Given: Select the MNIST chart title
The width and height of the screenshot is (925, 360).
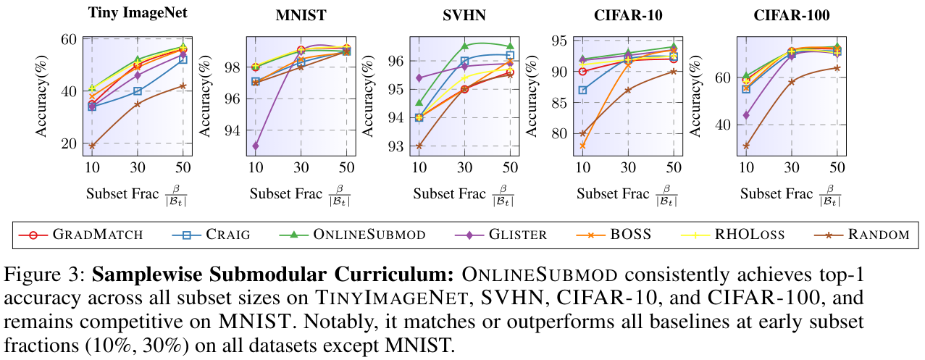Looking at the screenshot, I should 300,15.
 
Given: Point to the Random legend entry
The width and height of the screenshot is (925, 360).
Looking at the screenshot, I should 855,234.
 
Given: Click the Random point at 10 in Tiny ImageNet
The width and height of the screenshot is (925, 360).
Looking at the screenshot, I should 92,146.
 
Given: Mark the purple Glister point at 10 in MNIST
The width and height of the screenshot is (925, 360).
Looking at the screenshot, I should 256,146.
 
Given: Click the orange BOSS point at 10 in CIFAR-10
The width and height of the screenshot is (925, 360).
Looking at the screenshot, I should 582,146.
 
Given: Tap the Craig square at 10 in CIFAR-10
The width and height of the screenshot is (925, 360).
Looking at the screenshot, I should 582,90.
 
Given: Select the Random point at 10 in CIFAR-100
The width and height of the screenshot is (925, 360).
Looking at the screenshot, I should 746,146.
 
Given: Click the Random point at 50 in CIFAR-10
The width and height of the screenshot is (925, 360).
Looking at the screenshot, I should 674,71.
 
